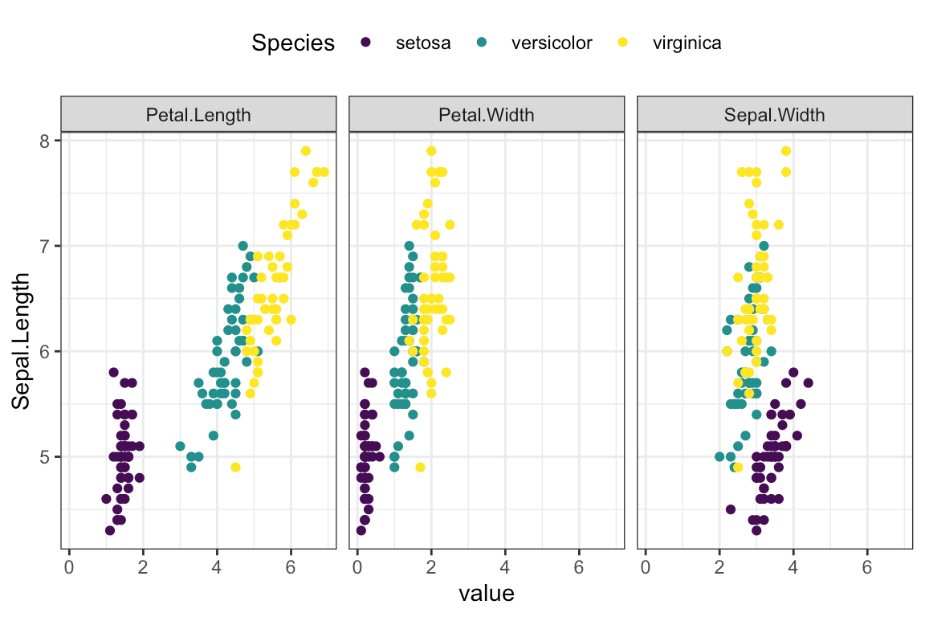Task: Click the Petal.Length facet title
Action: coord(198,114)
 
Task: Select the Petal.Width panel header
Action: coord(486,114)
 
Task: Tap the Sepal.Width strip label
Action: coord(774,114)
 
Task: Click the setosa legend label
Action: coord(423,43)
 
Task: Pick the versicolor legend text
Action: coord(551,43)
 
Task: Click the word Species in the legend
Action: coord(293,43)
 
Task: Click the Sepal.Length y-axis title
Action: coord(22,341)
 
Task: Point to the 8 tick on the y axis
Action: coord(45,141)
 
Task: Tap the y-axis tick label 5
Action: coord(45,457)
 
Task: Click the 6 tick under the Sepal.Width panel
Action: coord(867,567)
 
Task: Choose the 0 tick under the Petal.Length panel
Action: coord(69,567)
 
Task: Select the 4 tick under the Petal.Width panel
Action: coord(505,567)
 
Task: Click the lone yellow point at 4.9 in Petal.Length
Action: coord(235,467)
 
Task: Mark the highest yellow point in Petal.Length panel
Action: coord(305,151)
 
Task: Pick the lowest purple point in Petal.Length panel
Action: coord(110,530)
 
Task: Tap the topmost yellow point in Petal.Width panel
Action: coord(431,151)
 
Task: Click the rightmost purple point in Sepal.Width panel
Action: coord(808,382)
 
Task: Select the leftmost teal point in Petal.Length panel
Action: coord(180,446)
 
